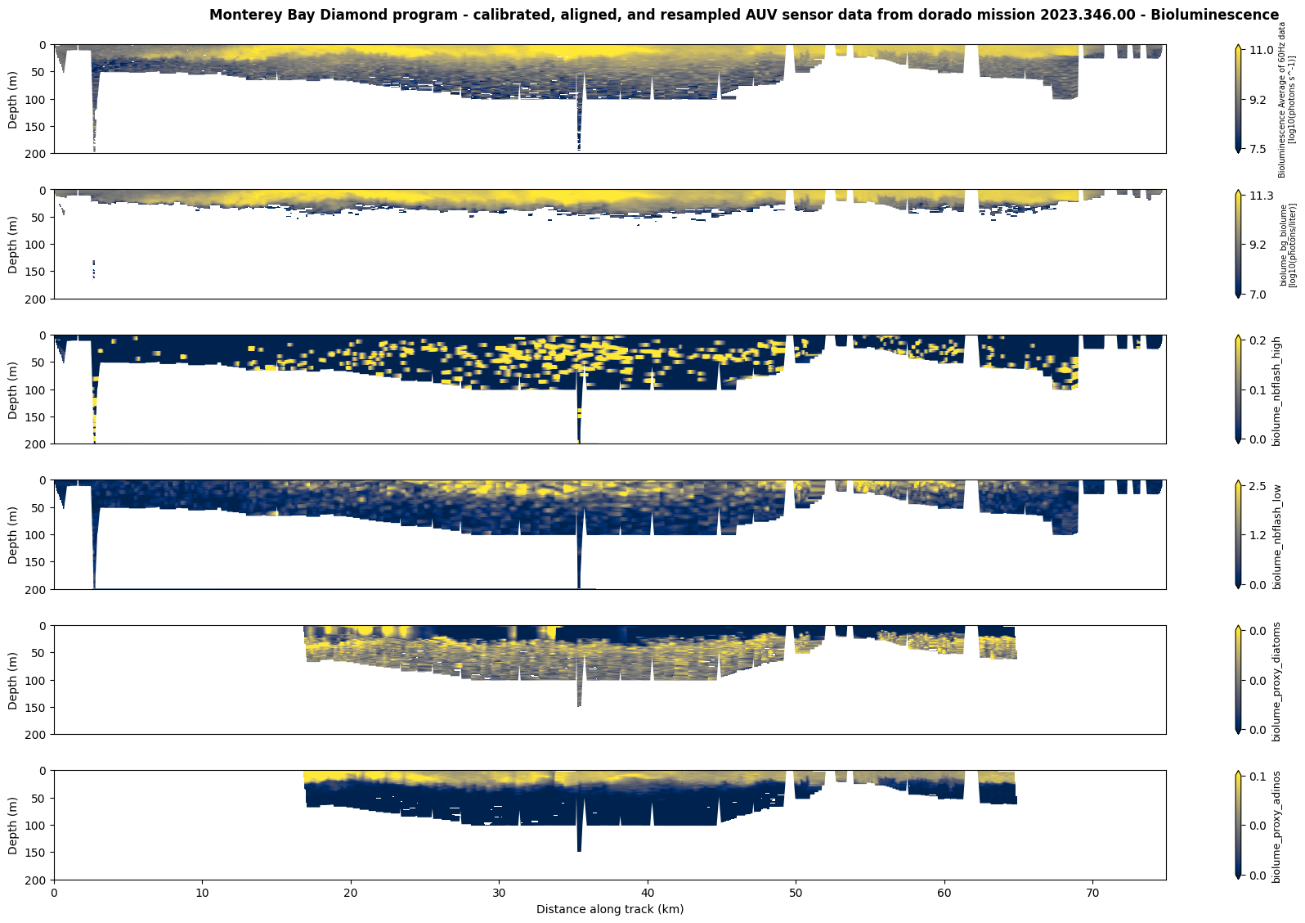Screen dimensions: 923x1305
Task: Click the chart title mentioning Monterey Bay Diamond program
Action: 743,15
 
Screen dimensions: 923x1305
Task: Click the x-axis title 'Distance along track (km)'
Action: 610,909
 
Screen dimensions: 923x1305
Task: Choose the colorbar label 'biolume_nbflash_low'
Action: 1276,535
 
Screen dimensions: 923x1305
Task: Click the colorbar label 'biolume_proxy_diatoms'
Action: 1276,681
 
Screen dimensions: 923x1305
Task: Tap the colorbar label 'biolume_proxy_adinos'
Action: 1276,826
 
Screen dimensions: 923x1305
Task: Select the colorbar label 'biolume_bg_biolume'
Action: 1284,245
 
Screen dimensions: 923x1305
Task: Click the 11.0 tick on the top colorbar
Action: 1261,50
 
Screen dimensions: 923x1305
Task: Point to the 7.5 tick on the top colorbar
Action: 1258,149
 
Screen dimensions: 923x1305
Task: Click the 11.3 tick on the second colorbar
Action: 1261,196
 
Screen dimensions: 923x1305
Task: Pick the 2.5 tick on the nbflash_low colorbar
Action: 1258,486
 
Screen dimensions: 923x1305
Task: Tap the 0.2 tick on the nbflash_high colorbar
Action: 1258,340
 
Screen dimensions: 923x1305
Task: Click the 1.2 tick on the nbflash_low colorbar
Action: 1258,535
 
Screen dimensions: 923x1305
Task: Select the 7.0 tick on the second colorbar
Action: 1258,295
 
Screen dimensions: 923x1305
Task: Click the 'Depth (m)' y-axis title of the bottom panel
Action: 13,826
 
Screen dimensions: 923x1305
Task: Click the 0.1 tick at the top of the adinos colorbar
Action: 1258,777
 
